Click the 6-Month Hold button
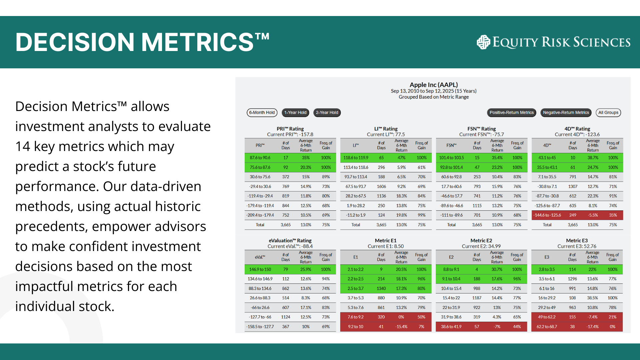coord(262,113)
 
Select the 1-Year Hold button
coord(295,113)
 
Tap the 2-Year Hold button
coord(327,113)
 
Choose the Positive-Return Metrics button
coord(512,113)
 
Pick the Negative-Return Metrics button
coord(566,113)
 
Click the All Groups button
coord(608,113)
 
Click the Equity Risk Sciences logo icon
coord(483,42)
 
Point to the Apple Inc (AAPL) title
coord(434,85)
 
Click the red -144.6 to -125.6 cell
coord(547,215)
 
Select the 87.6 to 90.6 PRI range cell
coord(260,158)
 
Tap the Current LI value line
coord(386,134)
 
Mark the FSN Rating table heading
coord(482,129)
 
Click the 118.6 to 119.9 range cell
coord(356,158)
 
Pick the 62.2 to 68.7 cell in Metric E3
coord(547,327)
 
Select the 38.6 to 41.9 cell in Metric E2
coord(451,327)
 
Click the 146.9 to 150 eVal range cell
coord(260,269)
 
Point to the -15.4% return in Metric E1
coord(401,327)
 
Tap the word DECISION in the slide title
coord(75,42)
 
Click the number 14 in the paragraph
coord(22,146)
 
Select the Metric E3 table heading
coord(577,240)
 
